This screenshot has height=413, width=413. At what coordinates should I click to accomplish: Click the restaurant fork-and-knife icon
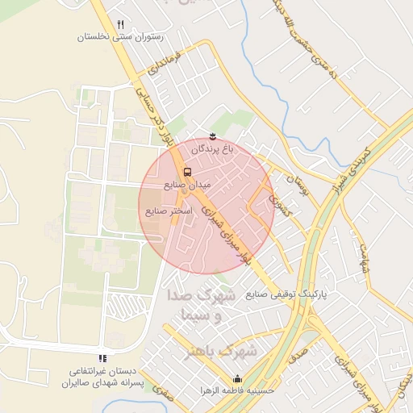point(120,25)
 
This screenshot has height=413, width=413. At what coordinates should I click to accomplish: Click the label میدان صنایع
point(187,185)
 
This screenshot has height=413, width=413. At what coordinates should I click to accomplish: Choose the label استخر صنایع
point(168,211)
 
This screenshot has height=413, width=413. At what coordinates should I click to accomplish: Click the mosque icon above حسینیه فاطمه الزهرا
point(237,379)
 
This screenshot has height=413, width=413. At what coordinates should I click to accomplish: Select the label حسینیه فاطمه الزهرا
point(237,390)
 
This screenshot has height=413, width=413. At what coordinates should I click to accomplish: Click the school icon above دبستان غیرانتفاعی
point(102,357)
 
